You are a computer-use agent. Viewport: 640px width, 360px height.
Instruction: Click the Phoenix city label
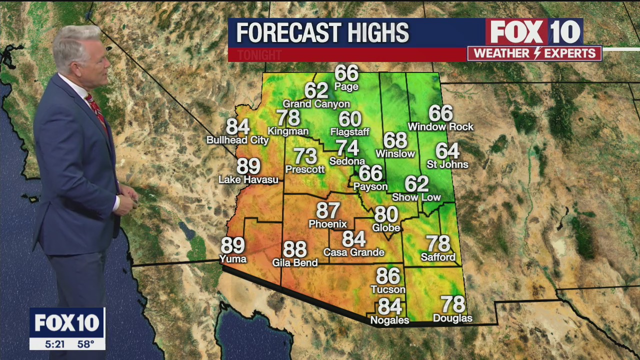coord(327,224)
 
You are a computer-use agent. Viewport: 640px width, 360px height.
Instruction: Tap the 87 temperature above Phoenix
coord(328,210)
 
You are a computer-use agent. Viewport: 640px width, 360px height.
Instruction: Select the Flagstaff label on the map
coord(349,132)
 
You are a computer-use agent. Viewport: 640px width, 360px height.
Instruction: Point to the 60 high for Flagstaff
coord(350,119)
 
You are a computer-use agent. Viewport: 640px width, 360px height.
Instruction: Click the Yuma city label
coord(233,258)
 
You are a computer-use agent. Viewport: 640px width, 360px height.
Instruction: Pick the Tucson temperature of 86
coord(388,276)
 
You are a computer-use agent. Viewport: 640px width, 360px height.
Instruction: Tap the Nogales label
coord(389,320)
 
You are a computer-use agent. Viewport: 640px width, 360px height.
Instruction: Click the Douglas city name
coord(452,318)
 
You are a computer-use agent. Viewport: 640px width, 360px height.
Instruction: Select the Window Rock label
coord(440,127)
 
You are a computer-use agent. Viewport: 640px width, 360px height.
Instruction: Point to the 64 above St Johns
coord(447,150)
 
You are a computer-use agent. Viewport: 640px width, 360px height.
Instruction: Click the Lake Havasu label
coord(248,179)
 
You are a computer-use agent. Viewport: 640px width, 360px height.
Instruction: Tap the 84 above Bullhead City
coord(237,127)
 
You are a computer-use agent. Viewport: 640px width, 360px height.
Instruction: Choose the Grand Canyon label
coord(316,104)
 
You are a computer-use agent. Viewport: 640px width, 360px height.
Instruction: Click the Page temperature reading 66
coord(346,73)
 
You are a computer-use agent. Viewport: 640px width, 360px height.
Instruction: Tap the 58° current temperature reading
coord(85,344)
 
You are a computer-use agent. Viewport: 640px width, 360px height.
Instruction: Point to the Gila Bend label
coord(294,262)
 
